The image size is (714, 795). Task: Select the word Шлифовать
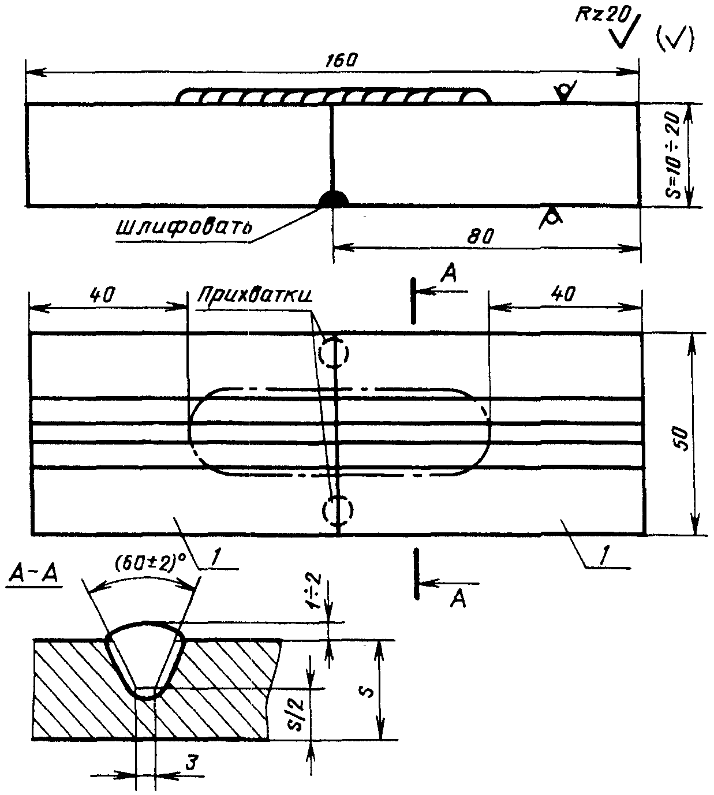[183, 226]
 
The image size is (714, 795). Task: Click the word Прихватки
[255, 294]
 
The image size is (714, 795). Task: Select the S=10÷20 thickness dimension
[675, 155]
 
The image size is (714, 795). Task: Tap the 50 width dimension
[682, 439]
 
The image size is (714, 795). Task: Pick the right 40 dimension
[563, 294]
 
